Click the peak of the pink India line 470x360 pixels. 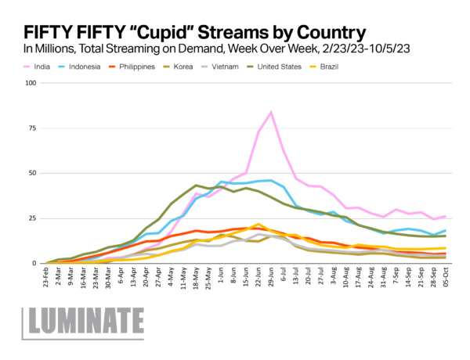(271, 112)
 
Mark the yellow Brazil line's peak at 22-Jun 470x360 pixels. (258, 225)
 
